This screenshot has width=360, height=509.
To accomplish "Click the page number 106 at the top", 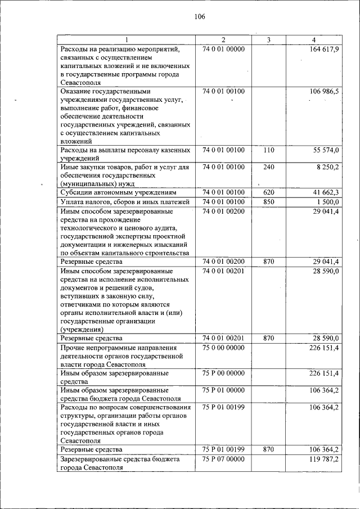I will point(200,16).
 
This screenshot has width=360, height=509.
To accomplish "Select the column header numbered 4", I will point(313,39).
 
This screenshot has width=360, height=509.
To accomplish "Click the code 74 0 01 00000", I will point(223,49).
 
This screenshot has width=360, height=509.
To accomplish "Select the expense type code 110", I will point(268,151).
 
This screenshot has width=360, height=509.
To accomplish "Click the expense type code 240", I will point(268,167).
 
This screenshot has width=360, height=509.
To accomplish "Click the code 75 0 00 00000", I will point(223,348).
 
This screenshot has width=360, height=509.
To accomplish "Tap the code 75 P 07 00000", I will point(223,460).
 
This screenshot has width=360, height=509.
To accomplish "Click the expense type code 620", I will point(268,192).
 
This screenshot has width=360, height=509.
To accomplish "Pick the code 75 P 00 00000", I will point(223,373).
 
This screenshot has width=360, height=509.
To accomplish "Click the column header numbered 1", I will point(126,39).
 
